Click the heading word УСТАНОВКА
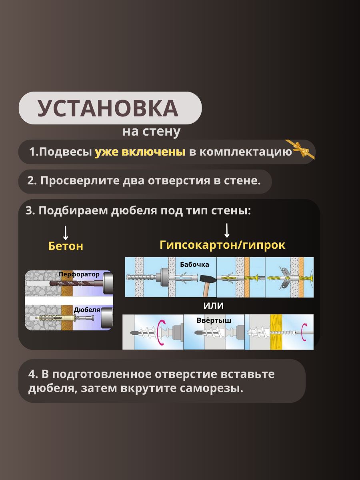pos(108,108)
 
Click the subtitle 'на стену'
pos(152,132)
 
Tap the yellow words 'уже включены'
pos(140,152)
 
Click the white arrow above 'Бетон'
pos(66,233)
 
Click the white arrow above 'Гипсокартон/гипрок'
pos(227,230)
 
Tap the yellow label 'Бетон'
pos(66,246)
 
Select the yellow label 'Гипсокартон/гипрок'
pos(222,245)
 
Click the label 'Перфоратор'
pos(79,274)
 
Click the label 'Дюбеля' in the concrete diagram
pos(87,310)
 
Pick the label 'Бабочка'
pos(194,265)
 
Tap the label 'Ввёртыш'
pos(214,320)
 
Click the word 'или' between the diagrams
pos(214,306)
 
